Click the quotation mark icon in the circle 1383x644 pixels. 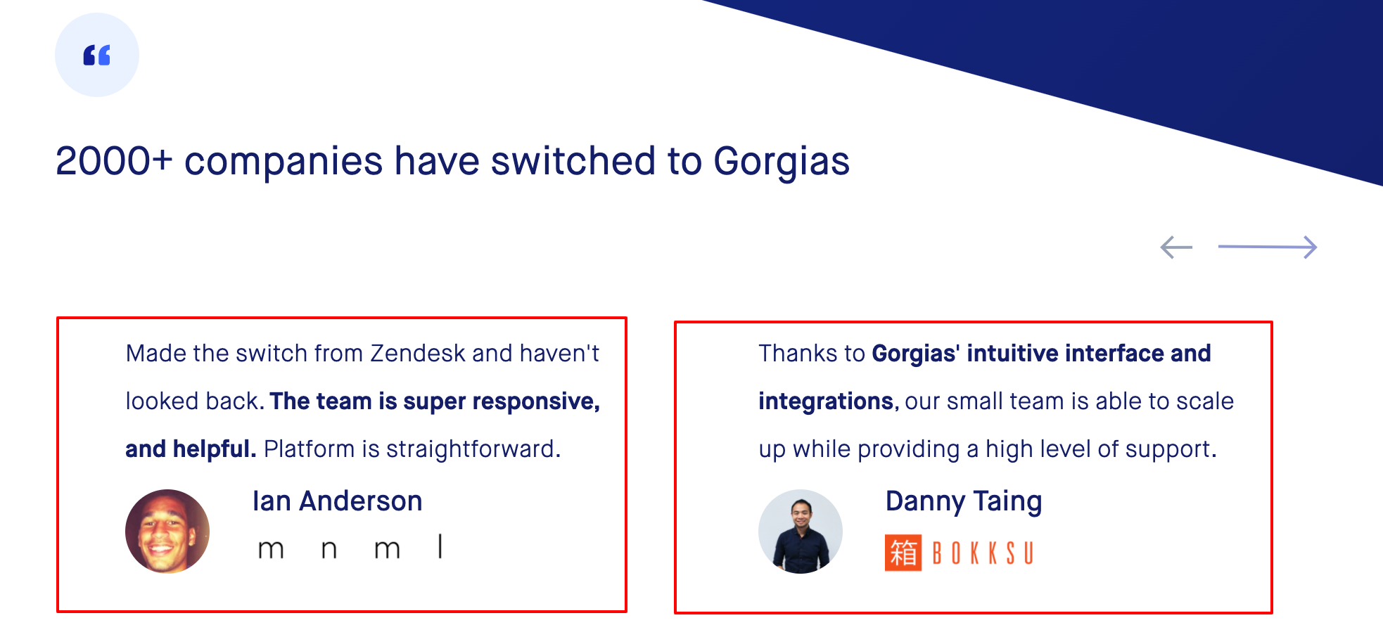(x=97, y=55)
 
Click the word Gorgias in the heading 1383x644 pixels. (x=782, y=162)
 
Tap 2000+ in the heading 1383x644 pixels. (x=114, y=161)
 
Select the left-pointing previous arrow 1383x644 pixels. (x=1176, y=247)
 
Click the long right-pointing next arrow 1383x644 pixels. (x=1268, y=247)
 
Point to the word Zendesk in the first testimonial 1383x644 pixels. (x=418, y=353)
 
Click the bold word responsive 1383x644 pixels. (x=536, y=402)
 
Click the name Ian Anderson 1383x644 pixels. (x=338, y=501)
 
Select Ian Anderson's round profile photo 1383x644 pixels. (x=167, y=532)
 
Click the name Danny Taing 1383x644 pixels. (x=964, y=502)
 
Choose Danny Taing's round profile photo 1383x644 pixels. (x=801, y=532)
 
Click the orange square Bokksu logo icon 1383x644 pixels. (x=903, y=553)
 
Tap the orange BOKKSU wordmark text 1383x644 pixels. (x=983, y=553)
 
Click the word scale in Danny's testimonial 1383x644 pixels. (x=1205, y=401)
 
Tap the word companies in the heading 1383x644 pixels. (x=283, y=162)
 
